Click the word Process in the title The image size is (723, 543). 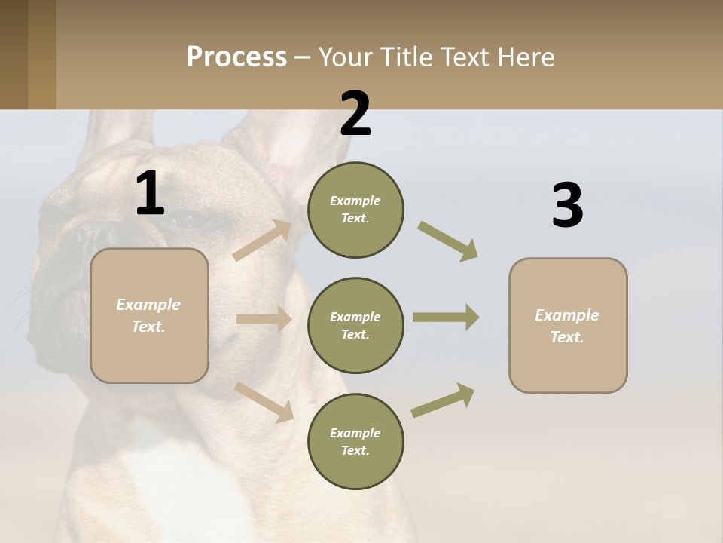(x=236, y=57)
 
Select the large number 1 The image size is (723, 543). (x=150, y=193)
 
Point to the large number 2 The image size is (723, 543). (x=355, y=113)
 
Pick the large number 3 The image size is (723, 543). (x=567, y=205)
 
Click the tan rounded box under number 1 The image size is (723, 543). (x=149, y=315)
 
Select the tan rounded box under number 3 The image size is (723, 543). (x=568, y=325)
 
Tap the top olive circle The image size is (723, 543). (x=355, y=210)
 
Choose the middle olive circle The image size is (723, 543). (x=355, y=325)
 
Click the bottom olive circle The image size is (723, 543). (x=355, y=441)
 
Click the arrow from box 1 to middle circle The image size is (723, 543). (x=264, y=319)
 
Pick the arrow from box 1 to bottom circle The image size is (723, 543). (x=264, y=401)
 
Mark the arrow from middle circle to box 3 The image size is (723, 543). (x=446, y=318)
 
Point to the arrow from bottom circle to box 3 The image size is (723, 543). (x=443, y=400)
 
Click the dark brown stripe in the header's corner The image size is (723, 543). (x=14, y=54)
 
